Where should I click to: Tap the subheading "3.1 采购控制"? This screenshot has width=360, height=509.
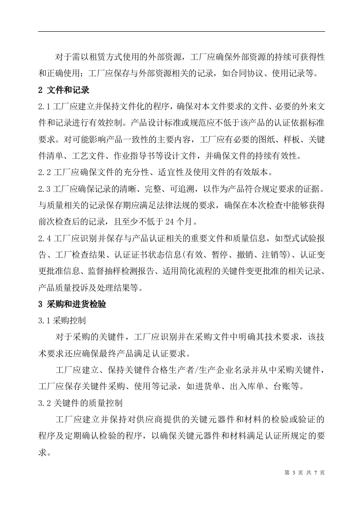(62, 320)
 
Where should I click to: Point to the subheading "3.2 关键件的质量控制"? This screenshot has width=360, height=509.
(78, 402)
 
